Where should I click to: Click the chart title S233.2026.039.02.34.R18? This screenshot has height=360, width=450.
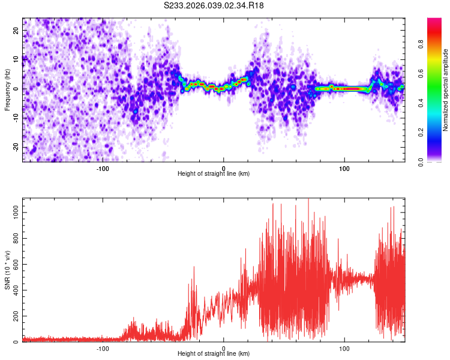214,5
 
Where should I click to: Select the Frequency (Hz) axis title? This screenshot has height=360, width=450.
7,90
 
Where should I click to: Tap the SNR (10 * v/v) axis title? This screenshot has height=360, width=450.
7,270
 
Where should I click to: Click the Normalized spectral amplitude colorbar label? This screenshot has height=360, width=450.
445,90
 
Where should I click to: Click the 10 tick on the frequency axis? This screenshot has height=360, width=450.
17,59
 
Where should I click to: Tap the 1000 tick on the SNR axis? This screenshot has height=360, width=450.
13,212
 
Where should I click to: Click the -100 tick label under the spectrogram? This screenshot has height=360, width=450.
102,168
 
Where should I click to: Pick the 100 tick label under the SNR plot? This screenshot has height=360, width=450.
344,348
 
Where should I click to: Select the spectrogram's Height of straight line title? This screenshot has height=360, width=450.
214,174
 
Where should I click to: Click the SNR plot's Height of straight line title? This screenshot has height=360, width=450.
214,354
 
